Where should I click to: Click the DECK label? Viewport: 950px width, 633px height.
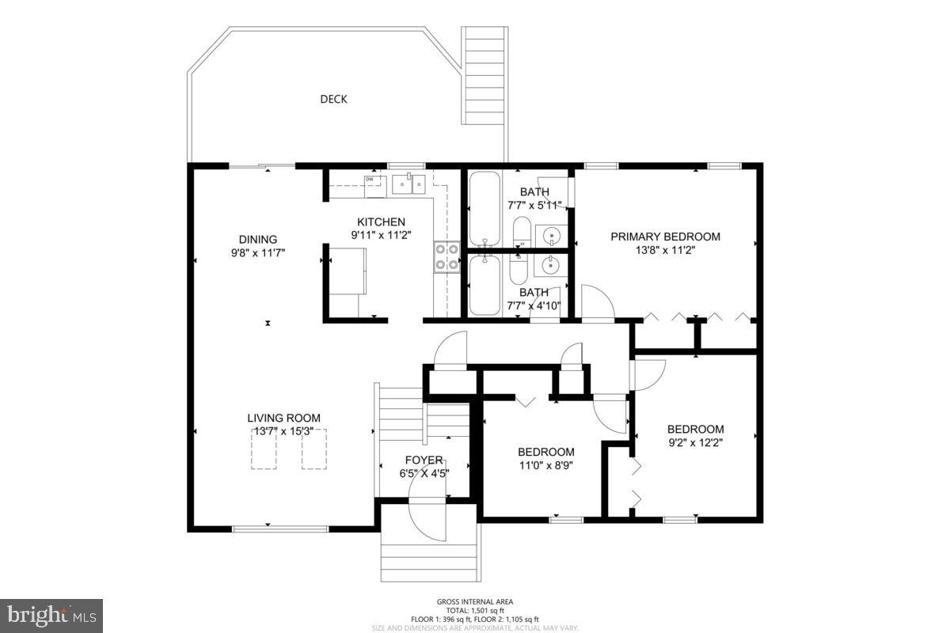coord(333,99)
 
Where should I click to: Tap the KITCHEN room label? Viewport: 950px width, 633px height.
coord(381,222)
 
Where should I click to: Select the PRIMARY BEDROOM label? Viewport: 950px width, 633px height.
coord(665,236)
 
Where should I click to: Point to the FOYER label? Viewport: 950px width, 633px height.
coord(424,461)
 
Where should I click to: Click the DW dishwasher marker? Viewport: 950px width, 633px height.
coord(369,180)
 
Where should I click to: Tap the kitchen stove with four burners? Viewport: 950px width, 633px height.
coord(446,257)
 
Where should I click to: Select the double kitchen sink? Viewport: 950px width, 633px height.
coord(408,184)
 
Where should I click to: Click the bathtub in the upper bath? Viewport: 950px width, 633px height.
coord(484,209)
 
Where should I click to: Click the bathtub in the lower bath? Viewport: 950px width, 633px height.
coord(484,285)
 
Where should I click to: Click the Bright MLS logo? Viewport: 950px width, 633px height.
coord(51,616)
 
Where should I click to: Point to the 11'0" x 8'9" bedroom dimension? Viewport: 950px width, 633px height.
coord(545,465)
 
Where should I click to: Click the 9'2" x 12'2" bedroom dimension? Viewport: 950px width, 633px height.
coord(695,442)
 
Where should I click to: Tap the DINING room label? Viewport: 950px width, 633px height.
coord(258,240)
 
